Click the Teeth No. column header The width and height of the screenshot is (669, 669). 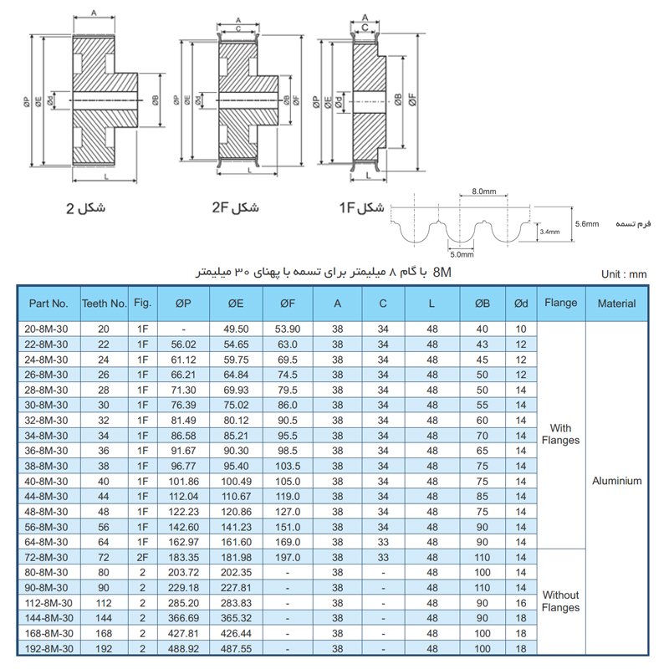pyautogui.click(x=105, y=304)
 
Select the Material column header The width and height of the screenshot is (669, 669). pyautogui.click(x=616, y=304)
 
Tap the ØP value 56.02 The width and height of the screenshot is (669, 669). pyautogui.click(x=183, y=345)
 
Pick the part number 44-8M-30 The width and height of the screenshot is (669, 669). pyautogui.click(x=46, y=496)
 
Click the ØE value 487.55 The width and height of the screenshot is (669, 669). pyautogui.click(x=236, y=649)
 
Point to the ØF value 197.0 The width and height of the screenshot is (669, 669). pyautogui.click(x=288, y=557)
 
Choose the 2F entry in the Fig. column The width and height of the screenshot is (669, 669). pyautogui.click(x=142, y=557)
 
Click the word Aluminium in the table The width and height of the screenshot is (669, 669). pyautogui.click(x=616, y=481)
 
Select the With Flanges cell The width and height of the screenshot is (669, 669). pyautogui.click(x=560, y=434)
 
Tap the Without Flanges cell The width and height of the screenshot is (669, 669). pyautogui.click(x=560, y=601)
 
